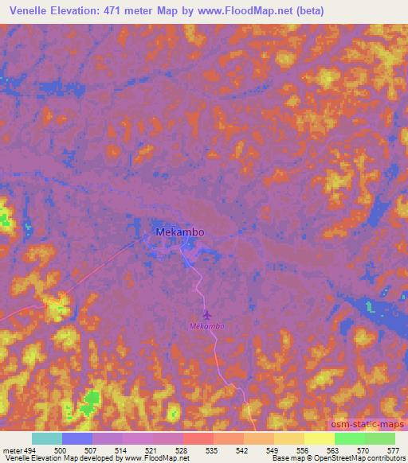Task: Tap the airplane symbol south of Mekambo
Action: click(x=206, y=315)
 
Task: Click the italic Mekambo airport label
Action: click(x=206, y=326)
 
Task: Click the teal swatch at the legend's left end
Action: click(x=47, y=438)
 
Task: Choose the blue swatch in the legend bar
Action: click(x=77, y=438)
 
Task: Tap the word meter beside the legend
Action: click(x=12, y=449)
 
